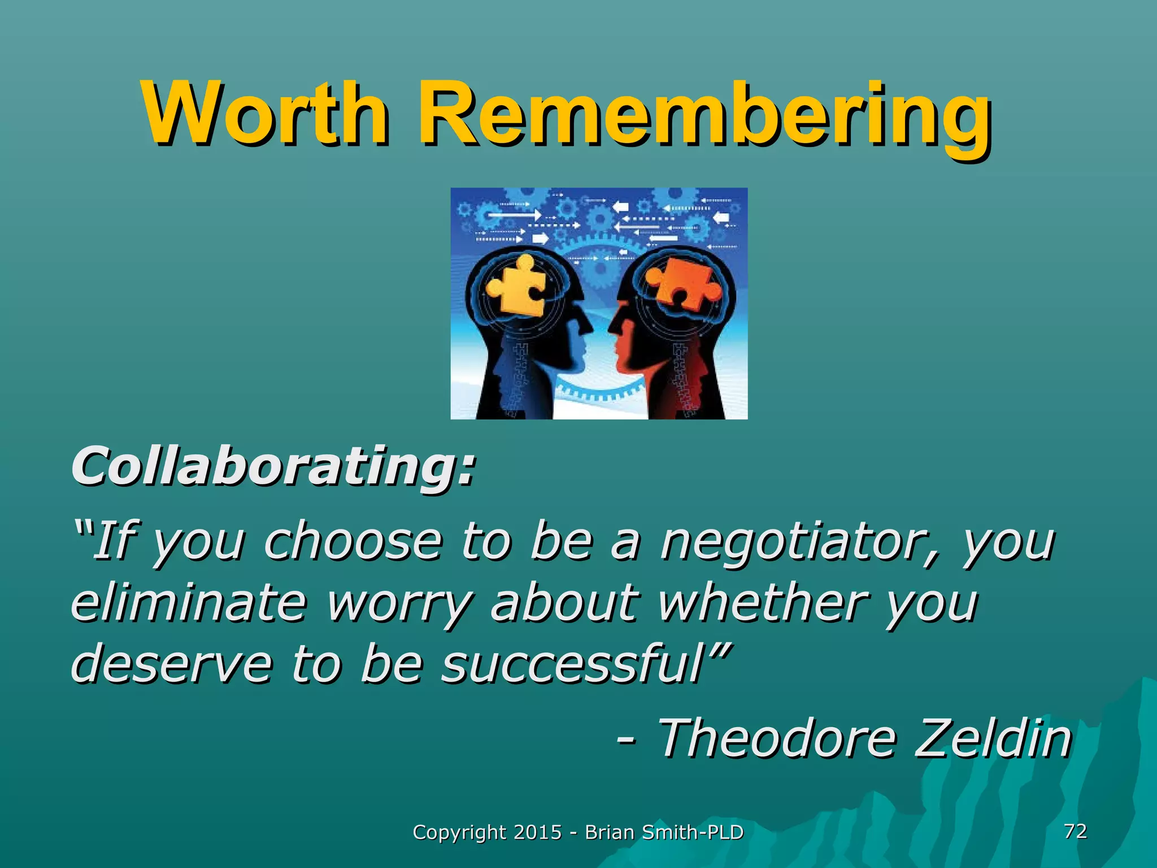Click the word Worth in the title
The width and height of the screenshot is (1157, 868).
266,114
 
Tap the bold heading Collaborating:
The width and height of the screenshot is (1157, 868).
273,467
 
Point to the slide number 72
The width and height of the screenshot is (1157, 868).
1075,831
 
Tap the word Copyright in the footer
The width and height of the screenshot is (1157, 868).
459,832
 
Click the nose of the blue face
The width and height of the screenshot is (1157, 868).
589,328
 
